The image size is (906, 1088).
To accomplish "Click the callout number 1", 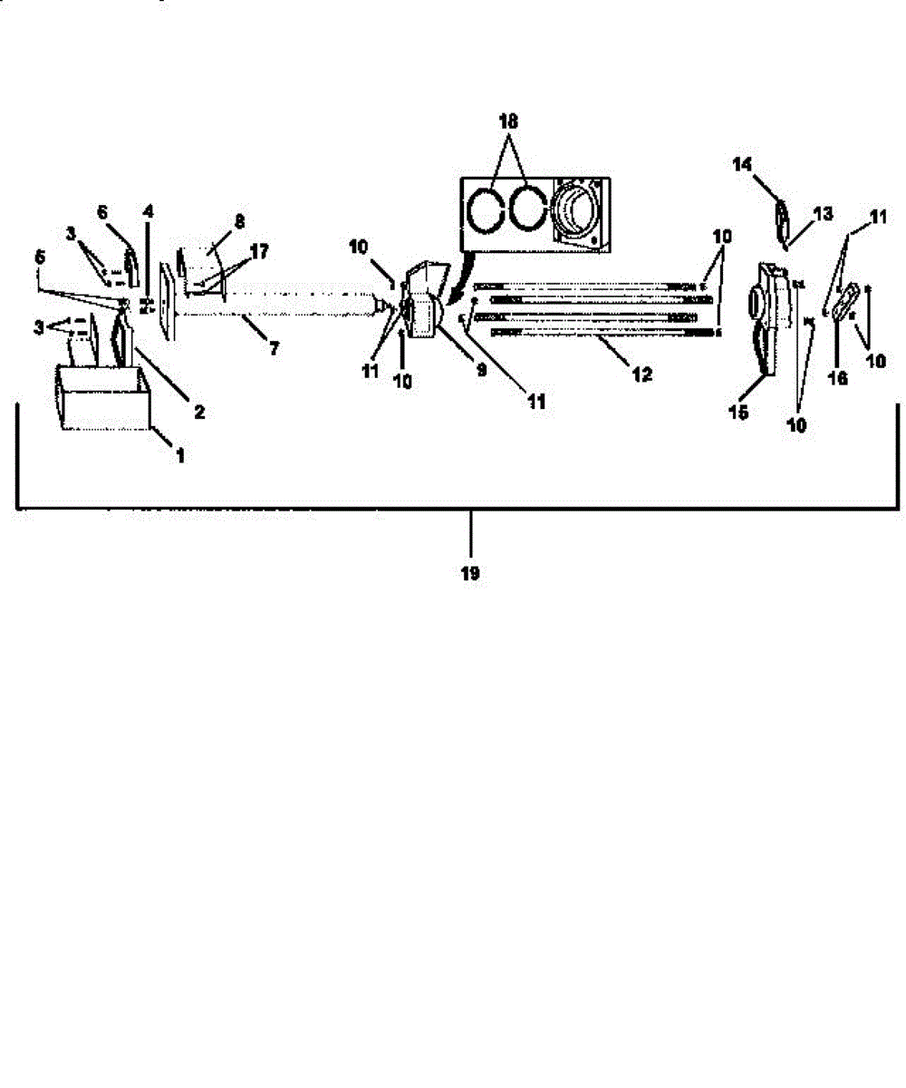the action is (x=180, y=456).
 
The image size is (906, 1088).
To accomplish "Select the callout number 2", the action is (x=199, y=412).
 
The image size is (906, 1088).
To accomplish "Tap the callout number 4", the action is (x=149, y=211).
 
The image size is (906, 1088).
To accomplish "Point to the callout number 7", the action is (x=274, y=347).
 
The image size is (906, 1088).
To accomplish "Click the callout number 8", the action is (x=239, y=221).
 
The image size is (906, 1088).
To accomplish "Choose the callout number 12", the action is (x=641, y=374).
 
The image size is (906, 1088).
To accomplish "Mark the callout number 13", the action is (x=823, y=214).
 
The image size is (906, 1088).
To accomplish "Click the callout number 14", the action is (x=742, y=164).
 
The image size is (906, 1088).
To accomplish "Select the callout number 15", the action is (x=738, y=412).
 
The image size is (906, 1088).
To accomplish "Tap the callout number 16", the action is (x=837, y=378).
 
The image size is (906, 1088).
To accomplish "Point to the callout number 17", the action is (x=259, y=252).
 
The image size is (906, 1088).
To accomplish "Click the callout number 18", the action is (x=508, y=121).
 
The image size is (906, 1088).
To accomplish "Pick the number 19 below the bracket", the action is (x=470, y=573).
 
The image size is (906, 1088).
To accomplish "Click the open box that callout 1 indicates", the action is (x=103, y=397).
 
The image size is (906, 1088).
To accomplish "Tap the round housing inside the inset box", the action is (x=575, y=214).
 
